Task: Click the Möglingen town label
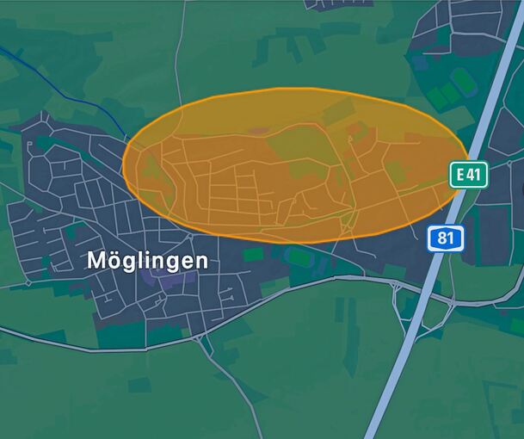(x=147, y=259)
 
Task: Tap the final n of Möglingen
(x=200, y=260)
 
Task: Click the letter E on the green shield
(x=461, y=175)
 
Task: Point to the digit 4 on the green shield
(x=472, y=175)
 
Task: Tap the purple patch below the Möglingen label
(x=159, y=279)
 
